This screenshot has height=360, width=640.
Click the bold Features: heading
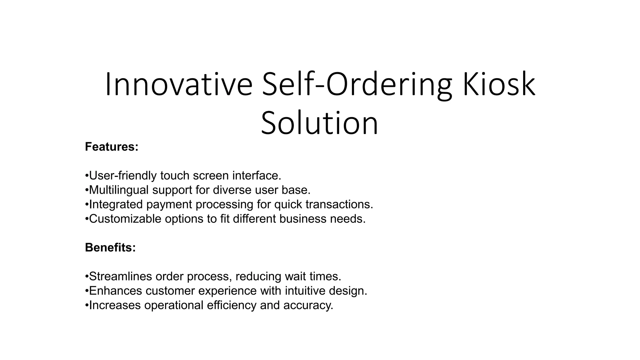click(112, 147)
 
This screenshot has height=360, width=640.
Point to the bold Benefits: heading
click(110, 247)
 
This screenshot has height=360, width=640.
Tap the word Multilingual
click(119, 190)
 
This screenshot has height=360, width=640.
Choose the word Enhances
click(116, 291)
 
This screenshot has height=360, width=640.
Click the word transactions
click(339, 204)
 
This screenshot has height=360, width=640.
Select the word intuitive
click(305, 291)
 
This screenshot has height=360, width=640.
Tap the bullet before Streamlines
click(87, 277)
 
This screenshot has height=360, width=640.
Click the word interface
click(257, 176)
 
